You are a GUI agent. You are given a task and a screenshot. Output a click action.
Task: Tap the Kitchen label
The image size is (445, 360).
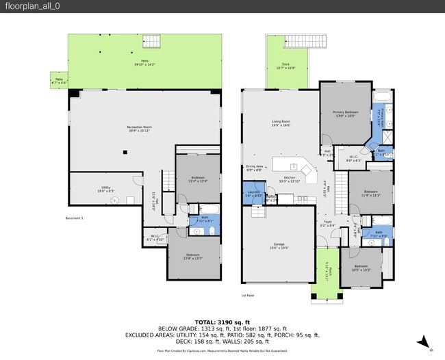[x=291, y=179]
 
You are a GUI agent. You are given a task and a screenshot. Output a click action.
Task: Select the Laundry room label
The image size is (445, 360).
[x=253, y=194]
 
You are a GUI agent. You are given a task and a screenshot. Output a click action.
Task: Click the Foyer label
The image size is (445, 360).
[x=328, y=222]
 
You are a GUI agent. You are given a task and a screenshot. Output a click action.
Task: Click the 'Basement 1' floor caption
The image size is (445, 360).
[x=74, y=218]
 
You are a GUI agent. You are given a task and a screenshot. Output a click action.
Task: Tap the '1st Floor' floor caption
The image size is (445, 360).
[x=248, y=296]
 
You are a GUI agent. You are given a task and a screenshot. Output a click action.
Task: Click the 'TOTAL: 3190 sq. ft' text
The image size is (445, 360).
[x=222, y=322]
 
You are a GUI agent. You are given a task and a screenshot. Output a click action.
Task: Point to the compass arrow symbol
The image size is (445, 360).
[x=425, y=342]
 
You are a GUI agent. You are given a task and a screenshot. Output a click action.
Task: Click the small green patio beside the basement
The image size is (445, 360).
[x=58, y=81]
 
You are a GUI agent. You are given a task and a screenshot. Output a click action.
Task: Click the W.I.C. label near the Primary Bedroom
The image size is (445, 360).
[x=353, y=159]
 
